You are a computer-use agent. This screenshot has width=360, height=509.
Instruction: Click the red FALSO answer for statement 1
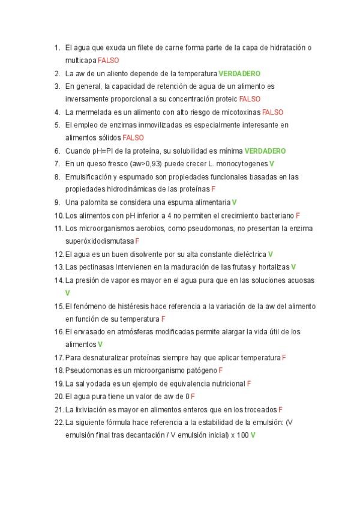[x=108, y=61]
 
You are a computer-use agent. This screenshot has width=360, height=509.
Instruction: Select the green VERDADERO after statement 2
[x=239, y=74]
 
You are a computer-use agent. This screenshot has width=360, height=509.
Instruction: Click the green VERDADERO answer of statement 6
[x=265, y=151]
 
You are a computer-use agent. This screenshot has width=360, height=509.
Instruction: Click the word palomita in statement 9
[x=95, y=202]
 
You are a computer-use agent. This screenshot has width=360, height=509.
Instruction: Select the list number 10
[x=58, y=215]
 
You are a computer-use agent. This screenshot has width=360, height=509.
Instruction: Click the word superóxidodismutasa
[x=100, y=241]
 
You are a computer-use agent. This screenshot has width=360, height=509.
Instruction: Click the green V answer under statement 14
[x=68, y=292]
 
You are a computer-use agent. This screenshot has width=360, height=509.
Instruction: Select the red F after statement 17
[x=284, y=357]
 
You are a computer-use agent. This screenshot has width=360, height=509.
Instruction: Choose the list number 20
[x=58, y=396]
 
